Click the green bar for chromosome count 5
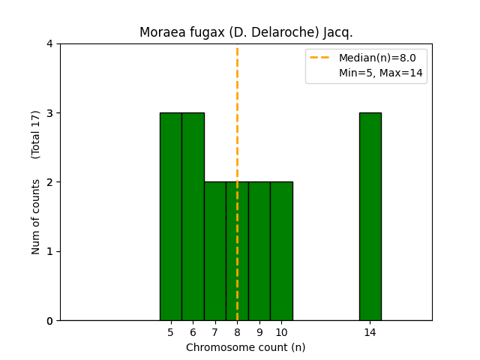[170, 217]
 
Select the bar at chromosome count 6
[193, 217]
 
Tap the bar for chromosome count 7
[214, 251]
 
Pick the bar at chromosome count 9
[259, 251]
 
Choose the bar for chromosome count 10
[281, 251]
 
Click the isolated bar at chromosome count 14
[370, 217]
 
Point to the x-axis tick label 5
[170, 332]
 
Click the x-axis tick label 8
[237, 332]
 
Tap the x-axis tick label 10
[281, 332]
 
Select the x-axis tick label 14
[370, 332]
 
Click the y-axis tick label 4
[49, 43]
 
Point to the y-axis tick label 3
[49, 113]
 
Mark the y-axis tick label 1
[49, 251]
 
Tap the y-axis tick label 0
[49, 320]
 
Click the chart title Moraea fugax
[246, 33]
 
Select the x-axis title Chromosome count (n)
[246, 347]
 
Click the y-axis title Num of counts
[36, 216]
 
